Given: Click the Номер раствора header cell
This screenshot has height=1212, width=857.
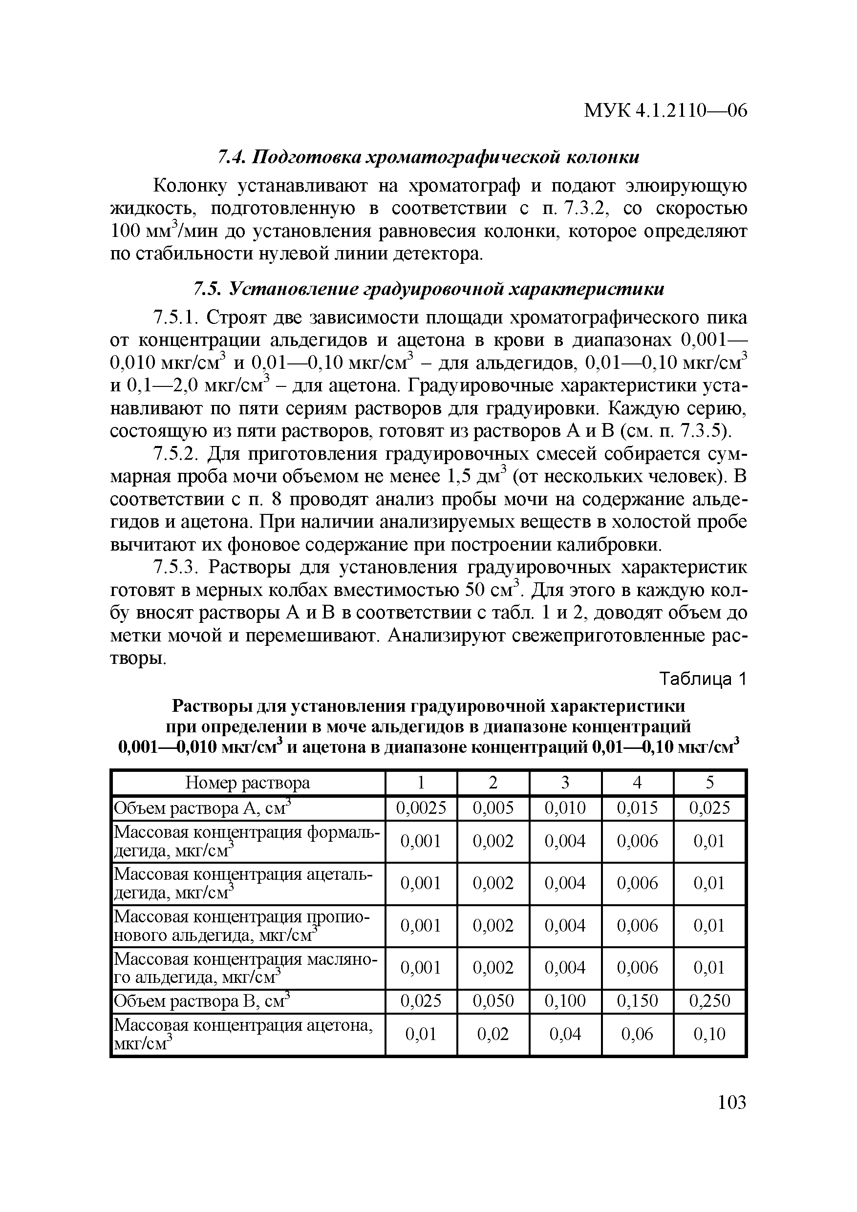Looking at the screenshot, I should pos(248,782).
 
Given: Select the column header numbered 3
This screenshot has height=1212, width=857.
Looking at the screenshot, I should pos(565,782).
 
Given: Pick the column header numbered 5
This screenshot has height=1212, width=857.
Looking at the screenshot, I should pos(709,782).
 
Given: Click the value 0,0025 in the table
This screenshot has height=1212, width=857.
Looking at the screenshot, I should pos(421,808).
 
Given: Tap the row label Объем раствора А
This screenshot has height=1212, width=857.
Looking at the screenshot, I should pos(203,808).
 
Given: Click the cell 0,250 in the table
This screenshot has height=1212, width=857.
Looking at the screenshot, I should pos(709,1001).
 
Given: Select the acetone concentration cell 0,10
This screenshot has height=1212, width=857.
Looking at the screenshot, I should pos(709,1034).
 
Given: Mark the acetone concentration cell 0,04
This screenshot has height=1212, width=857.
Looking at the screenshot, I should pos(565,1034).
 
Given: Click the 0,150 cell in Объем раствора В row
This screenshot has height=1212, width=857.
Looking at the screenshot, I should pos(637,1001).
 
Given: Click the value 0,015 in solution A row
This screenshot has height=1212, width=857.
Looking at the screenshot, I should pos(637,808).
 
